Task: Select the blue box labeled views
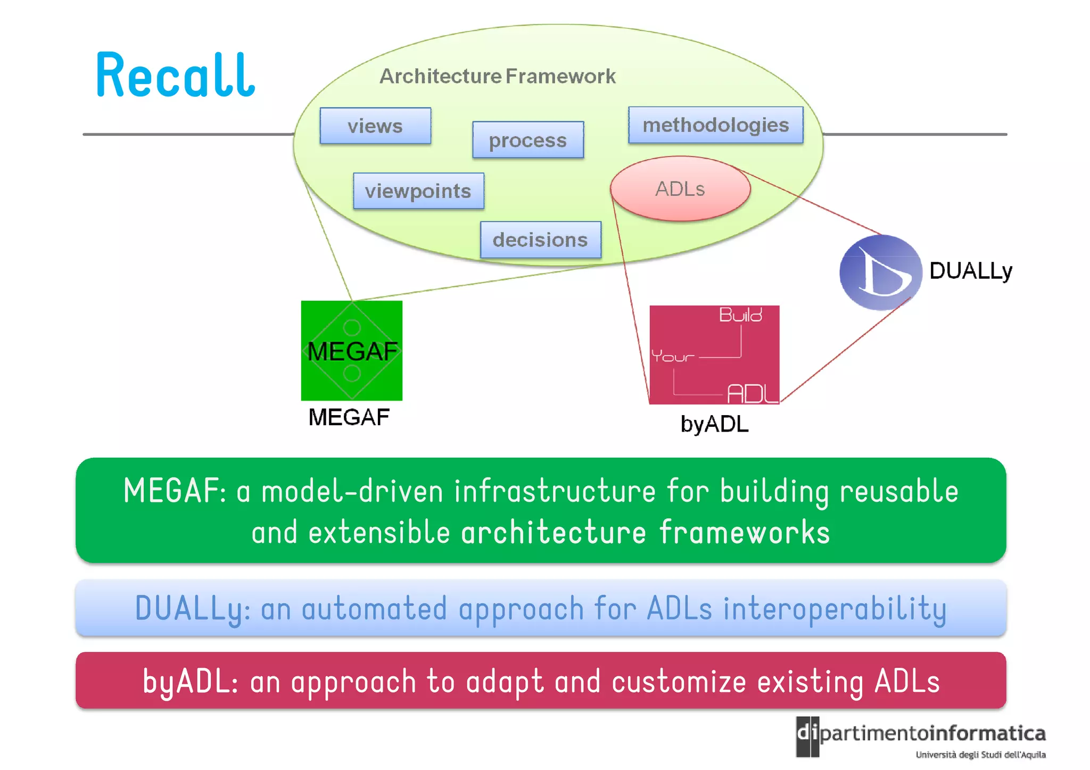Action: coord(375,126)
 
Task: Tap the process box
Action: coord(527,140)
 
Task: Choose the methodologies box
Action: coord(715,125)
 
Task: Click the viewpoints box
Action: coord(418,191)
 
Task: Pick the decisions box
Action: coord(540,239)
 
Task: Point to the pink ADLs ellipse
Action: coord(680,189)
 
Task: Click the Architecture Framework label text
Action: coord(497,76)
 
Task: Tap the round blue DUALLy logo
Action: coord(880,272)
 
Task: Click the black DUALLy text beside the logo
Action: coord(970,271)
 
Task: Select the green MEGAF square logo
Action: coord(351,350)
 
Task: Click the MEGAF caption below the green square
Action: coord(349,417)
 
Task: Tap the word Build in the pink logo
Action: coord(740,315)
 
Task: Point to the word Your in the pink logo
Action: coord(673,356)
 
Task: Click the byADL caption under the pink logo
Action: coord(714,424)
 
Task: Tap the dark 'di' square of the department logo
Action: coord(807,736)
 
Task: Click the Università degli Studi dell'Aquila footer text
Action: coord(980,755)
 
